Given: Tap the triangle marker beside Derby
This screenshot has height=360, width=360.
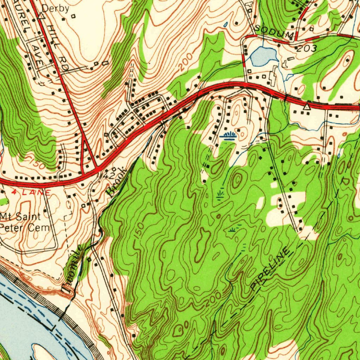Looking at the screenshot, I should click(x=41, y=16).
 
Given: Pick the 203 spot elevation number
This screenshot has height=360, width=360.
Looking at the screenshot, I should click(x=307, y=49).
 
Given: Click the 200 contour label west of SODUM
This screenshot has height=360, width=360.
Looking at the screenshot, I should click(x=186, y=61).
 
